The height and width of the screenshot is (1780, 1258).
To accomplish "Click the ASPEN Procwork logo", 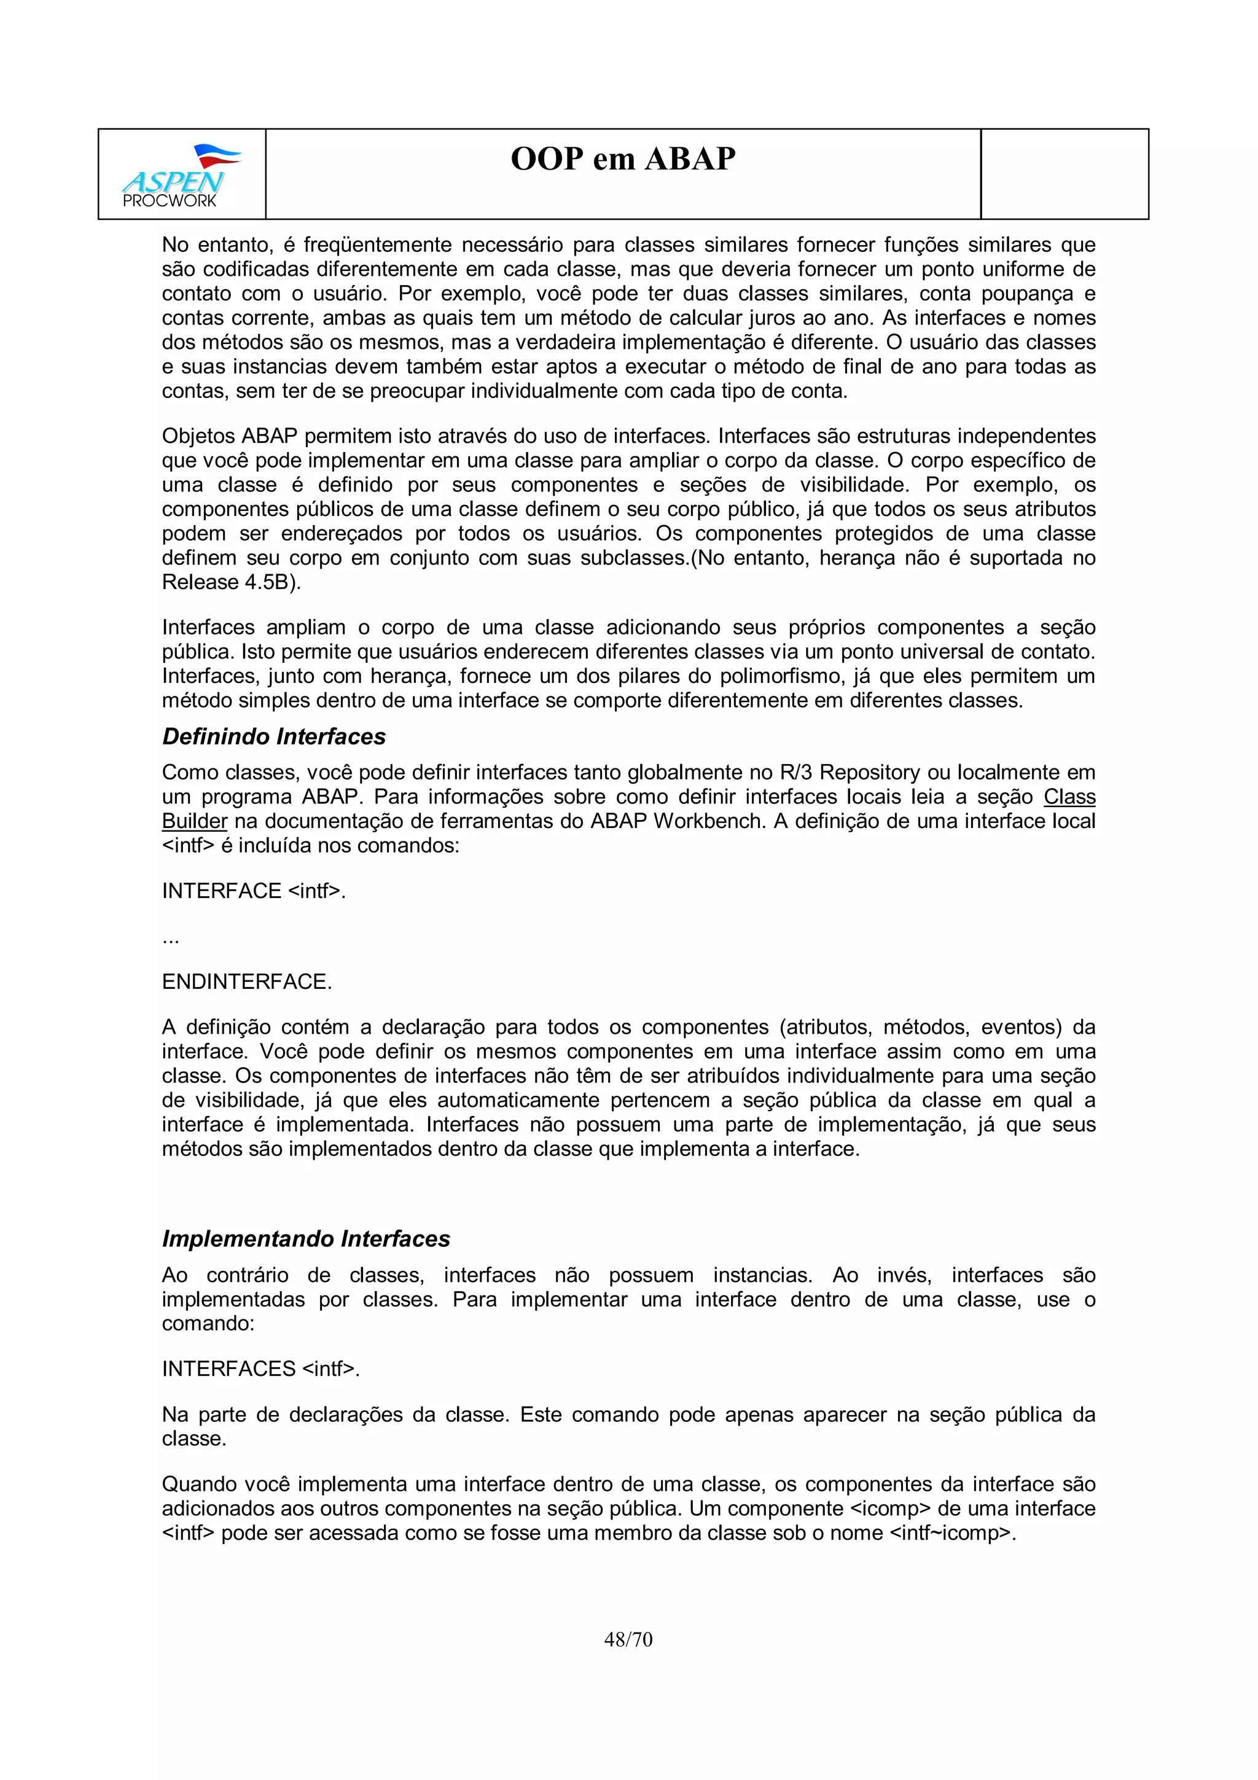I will click(181, 175).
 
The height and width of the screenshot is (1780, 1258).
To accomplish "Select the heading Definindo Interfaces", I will click(273, 736).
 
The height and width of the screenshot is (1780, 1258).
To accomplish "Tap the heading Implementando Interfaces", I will click(305, 1239).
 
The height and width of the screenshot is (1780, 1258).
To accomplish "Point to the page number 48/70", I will click(628, 1639).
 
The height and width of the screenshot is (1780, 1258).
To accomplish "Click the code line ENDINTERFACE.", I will click(246, 982).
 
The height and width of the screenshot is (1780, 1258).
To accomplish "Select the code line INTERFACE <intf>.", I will click(254, 891).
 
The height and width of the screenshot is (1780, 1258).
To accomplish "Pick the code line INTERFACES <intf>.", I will click(260, 1369).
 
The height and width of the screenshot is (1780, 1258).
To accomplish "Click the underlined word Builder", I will click(193, 821).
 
